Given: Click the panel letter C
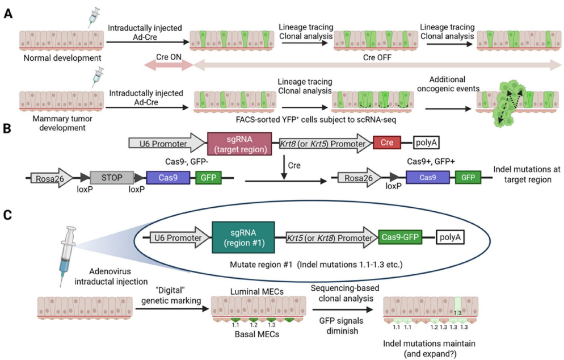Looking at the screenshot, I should [x=8, y=215].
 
